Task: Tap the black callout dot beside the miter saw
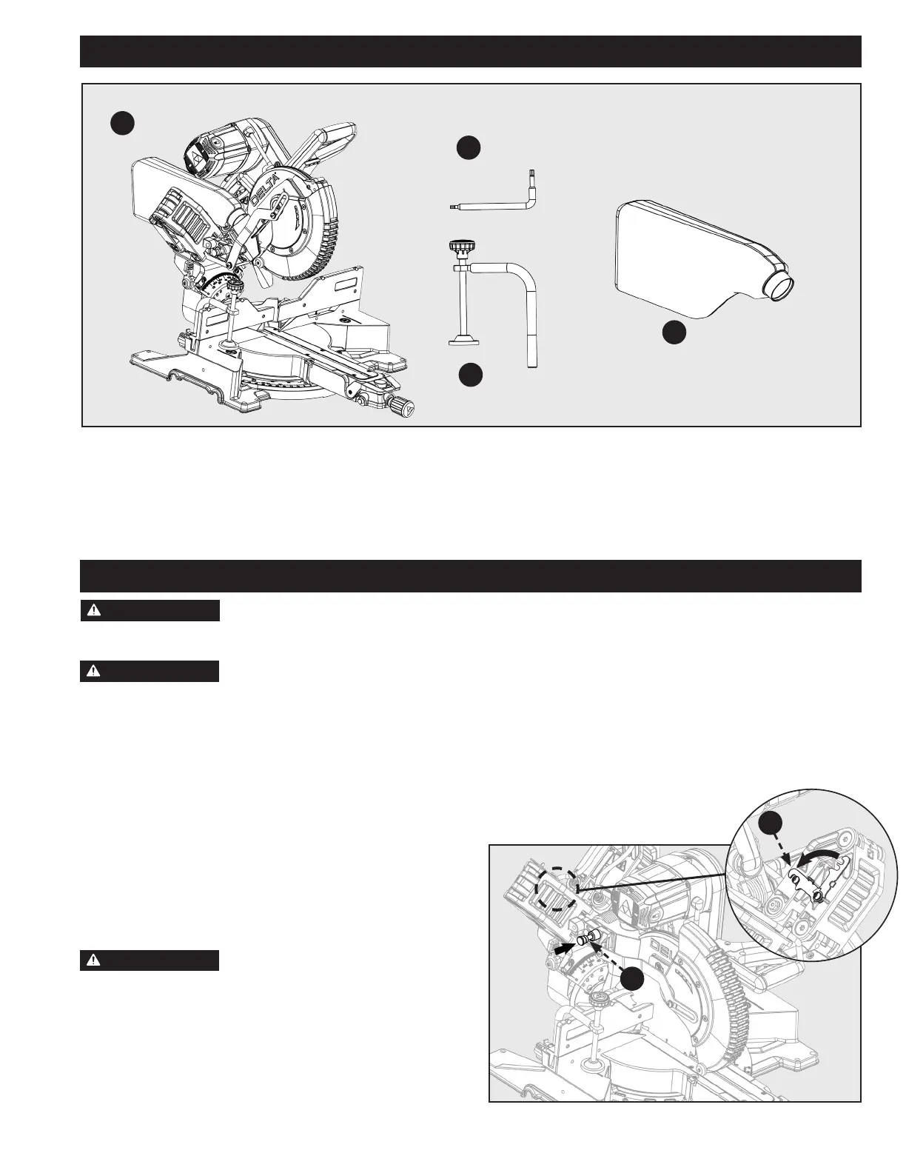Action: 123,123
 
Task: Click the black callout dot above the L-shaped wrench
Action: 468,148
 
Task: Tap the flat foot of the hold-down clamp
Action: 464,341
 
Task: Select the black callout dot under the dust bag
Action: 674,332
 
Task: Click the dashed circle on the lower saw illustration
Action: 557,889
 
